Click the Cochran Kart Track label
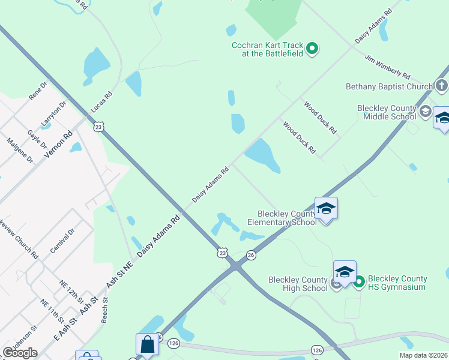click(x=268, y=49)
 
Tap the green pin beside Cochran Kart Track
click(x=312, y=48)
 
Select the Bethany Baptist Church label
click(x=389, y=86)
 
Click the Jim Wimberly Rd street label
click(x=387, y=66)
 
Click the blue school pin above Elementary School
click(x=326, y=209)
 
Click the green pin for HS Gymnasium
click(x=360, y=281)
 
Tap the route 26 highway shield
click(x=251, y=255)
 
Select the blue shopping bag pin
click(x=147, y=345)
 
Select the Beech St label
click(x=105, y=310)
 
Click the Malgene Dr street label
click(x=20, y=150)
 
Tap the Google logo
click(x=20, y=353)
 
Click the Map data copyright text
click(x=424, y=355)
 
